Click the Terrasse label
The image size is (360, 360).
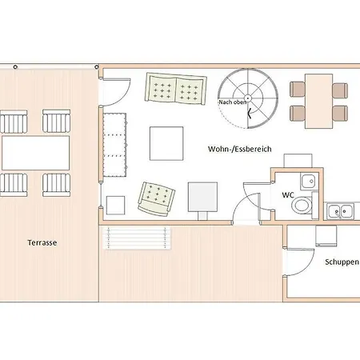(x=42, y=242)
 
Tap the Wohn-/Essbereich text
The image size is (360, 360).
(x=240, y=149)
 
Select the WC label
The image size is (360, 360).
(x=288, y=195)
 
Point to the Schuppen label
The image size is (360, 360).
(x=342, y=262)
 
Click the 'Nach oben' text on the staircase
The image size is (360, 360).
(x=232, y=102)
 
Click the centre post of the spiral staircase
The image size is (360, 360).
(x=248, y=98)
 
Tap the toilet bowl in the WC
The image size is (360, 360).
(x=302, y=206)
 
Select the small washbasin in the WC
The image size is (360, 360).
(x=309, y=182)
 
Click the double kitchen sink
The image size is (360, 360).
(x=341, y=211)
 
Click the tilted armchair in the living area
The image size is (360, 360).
(x=156, y=199)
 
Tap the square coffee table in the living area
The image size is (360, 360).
(x=166, y=143)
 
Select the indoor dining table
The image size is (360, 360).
(x=319, y=101)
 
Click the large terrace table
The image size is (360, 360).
(x=36, y=153)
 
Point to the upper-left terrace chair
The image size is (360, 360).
(x=14, y=122)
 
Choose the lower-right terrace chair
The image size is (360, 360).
(x=57, y=185)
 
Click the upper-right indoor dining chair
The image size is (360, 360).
(x=340, y=90)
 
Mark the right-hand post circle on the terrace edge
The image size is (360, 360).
(x=97, y=67)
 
